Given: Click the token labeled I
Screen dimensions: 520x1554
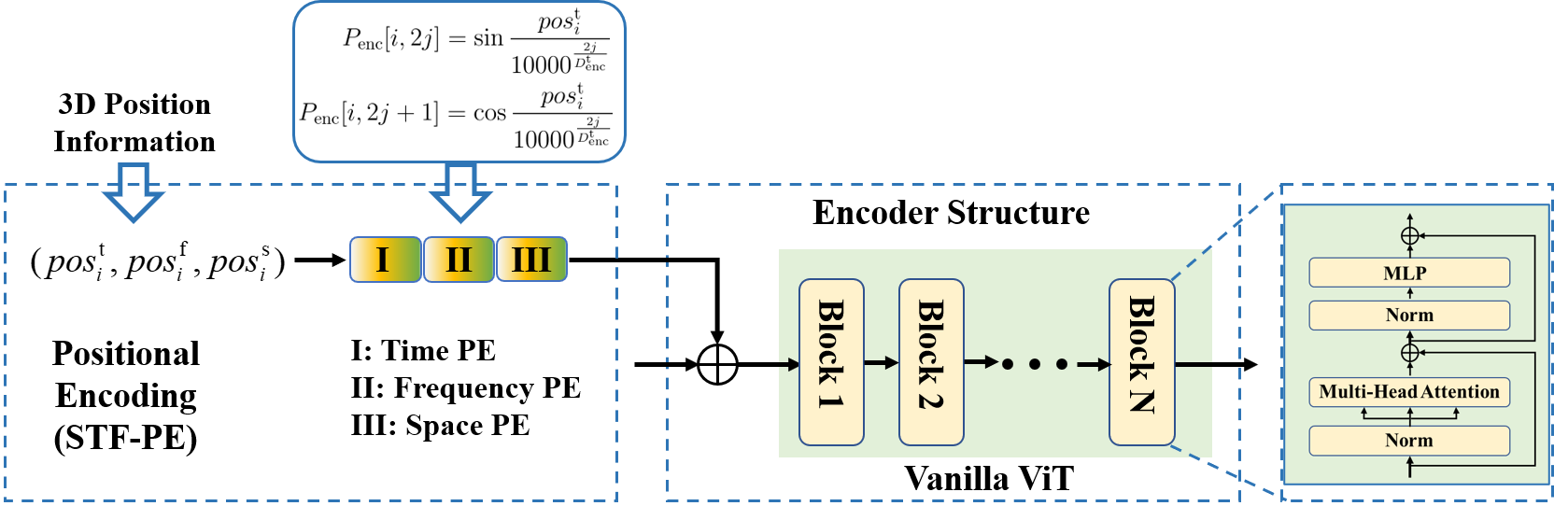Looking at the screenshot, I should tap(385, 260).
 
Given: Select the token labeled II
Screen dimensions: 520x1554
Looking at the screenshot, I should tap(459, 260).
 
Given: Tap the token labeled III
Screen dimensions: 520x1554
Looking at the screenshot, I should tap(531, 260).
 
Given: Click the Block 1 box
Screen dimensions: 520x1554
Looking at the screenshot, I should tap(831, 362).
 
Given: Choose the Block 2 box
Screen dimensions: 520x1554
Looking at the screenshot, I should tap(931, 362).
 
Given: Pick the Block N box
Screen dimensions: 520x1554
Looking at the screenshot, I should tap(1141, 362).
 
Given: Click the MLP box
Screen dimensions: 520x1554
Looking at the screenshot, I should tap(1408, 273).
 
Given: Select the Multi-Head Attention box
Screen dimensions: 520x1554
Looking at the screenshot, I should tap(1408, 392).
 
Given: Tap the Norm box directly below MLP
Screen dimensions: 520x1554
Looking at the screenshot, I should tap(1408, 316).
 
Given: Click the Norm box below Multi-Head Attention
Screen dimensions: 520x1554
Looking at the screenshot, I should tap(1408, 441).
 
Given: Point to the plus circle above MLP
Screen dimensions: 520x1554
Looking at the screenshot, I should tap(1410, 236).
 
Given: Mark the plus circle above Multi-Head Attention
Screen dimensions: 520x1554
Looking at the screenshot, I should tap(1410, 352).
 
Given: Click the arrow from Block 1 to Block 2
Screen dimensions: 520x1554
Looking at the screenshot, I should tap(881, 362).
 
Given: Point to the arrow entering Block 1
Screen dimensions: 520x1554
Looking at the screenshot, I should tap(789, 364).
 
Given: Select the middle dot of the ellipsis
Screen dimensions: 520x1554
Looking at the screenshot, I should tap(1035, 364).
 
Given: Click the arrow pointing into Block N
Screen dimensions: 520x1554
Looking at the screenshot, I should tap(1094, 364).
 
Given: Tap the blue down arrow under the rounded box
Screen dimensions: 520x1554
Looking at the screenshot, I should tap(460, 192).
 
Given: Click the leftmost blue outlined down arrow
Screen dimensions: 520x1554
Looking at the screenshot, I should tap(134, 192).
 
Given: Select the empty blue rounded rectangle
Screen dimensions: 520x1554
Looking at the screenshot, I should tap(459, 82).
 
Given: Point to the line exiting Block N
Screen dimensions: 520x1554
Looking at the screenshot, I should tap(1194, 364).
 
